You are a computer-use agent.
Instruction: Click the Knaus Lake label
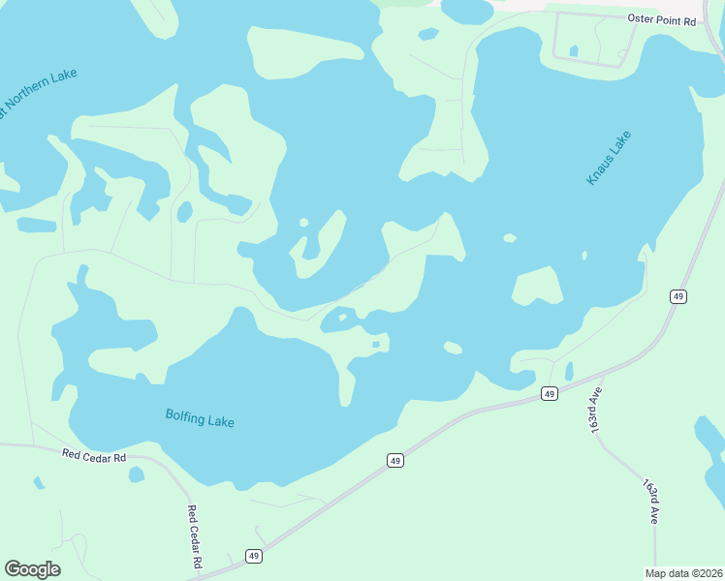609,157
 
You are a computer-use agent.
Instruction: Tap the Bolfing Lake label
200,419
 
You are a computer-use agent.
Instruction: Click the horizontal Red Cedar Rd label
94,455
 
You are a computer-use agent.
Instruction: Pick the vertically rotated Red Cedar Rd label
194,536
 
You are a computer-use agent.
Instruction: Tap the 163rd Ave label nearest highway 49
594,408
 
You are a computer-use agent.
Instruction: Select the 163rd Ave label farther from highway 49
648,499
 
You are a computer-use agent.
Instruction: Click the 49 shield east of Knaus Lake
678,296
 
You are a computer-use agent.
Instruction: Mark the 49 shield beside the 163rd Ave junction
549,393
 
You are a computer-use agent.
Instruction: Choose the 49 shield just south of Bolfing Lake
394,461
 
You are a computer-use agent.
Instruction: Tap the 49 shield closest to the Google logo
253,556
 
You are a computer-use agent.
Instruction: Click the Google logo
32,569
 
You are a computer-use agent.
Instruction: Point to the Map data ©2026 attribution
683,573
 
